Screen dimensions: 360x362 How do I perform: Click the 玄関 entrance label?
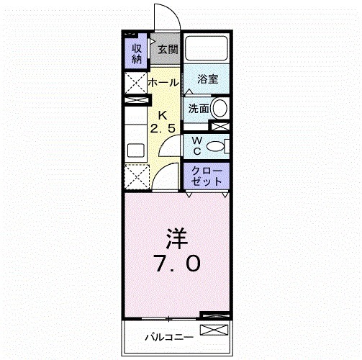168,50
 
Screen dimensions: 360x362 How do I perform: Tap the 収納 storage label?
135,53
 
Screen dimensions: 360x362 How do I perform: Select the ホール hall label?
163,84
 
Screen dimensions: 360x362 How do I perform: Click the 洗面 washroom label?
199,109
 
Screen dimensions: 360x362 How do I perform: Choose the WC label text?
195,145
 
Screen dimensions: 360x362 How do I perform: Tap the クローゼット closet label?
207,177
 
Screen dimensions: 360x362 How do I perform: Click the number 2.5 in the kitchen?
163,128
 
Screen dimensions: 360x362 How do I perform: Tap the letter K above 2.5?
163,114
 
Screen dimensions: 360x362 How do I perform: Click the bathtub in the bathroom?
207,50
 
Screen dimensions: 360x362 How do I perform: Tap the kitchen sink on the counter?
135,152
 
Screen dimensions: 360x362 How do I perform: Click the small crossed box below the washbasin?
223,126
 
